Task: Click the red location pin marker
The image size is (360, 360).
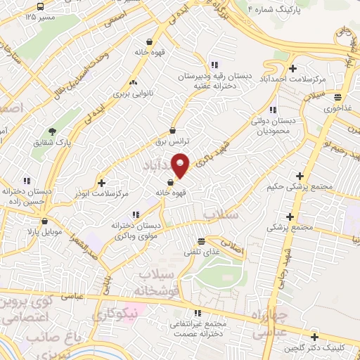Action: point(181,165)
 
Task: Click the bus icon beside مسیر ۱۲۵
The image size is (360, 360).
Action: point(32,15)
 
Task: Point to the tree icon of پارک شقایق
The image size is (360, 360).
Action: point(52,131)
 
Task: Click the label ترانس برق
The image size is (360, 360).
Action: point(173,141)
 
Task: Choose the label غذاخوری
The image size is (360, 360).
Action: point(338,108)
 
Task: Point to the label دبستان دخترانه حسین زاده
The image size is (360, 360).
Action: point(27,195)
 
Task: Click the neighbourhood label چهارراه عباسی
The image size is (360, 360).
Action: point(266,324)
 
